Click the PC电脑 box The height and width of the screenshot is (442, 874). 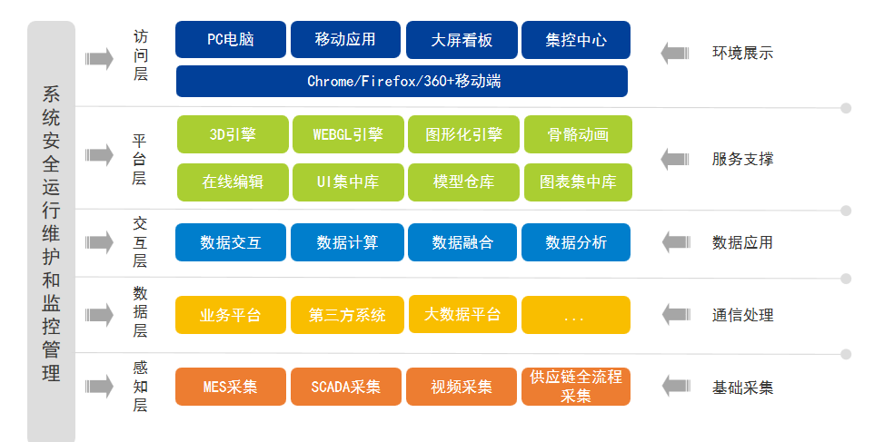230,40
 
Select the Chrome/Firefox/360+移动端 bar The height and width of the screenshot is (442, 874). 402,82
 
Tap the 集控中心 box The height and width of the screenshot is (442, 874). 576,40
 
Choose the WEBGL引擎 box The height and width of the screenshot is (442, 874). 348,134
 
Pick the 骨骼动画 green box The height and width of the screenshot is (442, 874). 578,134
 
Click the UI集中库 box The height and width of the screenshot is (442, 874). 348,182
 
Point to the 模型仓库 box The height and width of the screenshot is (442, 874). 463,182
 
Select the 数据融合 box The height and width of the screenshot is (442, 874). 462,242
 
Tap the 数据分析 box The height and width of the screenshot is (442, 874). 576,242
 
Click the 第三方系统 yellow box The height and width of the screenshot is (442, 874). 347,315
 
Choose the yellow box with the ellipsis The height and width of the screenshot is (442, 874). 576,315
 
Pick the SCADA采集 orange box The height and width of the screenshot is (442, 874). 345,387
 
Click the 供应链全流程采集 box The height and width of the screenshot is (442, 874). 576,387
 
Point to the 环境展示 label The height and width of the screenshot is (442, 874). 742,54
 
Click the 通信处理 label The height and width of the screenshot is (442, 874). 742,315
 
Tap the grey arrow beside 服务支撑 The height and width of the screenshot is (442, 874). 675,159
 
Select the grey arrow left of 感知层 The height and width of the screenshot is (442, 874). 99,387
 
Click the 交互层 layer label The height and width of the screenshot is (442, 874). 140,242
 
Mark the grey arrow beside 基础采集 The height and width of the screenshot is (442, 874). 676,387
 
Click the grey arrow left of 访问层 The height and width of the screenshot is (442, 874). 99,58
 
